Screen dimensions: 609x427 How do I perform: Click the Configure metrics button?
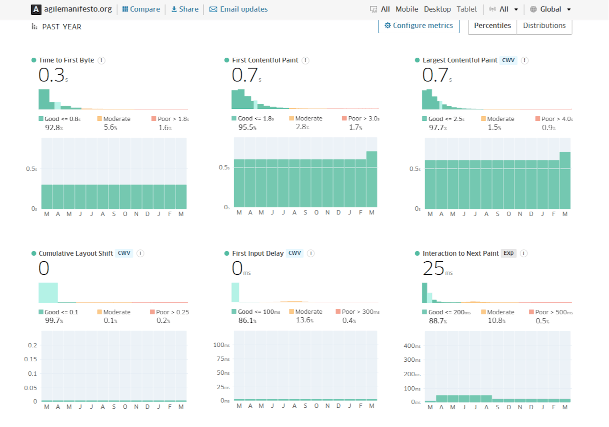[419, 26]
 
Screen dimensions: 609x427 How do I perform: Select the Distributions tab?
[544, 26]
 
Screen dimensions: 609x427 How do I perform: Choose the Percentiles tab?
[492, 26]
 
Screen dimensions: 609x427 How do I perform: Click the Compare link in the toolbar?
[141, 9]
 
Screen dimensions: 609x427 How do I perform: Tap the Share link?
[185, 9]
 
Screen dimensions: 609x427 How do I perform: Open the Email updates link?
[239, 9]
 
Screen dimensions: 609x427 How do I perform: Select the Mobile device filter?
[407, 9]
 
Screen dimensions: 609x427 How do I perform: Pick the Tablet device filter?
[467, 9]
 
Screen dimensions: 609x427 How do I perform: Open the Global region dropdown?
[551, 9]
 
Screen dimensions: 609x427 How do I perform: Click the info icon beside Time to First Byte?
[101, 60]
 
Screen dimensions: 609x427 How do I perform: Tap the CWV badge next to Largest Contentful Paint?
[508, 60]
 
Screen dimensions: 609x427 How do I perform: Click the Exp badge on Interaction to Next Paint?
[508, 253]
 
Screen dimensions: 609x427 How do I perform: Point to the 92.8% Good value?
[54, 128]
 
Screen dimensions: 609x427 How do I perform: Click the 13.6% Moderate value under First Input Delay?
[304, 320]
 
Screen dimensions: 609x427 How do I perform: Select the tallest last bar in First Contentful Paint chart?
[372, 179]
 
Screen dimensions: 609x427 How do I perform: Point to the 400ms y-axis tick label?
[412, 346]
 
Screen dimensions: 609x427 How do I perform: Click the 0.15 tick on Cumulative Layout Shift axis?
[30, 359]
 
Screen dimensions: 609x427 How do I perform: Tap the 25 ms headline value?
[437, 268]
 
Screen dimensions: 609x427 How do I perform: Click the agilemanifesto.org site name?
[78, 9]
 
